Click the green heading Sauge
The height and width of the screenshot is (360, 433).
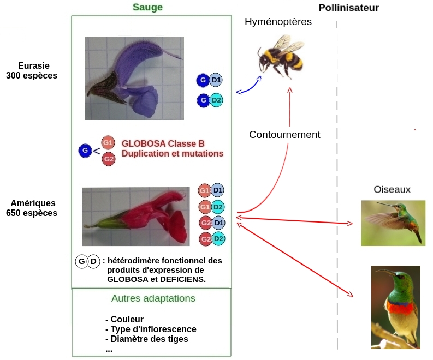147,7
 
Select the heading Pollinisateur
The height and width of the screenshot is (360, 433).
348,8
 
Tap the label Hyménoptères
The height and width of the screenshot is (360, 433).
278,22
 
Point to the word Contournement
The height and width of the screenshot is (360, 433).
284,134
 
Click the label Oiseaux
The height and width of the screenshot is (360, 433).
392,189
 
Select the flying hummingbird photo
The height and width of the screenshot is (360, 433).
393,223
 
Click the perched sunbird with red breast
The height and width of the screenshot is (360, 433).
395,307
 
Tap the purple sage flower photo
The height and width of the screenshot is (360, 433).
134,78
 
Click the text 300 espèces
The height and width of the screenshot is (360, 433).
32,76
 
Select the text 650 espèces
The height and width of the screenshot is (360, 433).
32,213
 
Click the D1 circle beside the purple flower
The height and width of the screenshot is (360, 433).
216,80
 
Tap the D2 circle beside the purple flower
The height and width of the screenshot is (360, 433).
216,100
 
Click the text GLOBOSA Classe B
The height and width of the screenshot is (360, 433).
163,144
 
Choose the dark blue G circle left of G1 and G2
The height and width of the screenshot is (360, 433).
85,151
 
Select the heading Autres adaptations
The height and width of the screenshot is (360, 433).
153,298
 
